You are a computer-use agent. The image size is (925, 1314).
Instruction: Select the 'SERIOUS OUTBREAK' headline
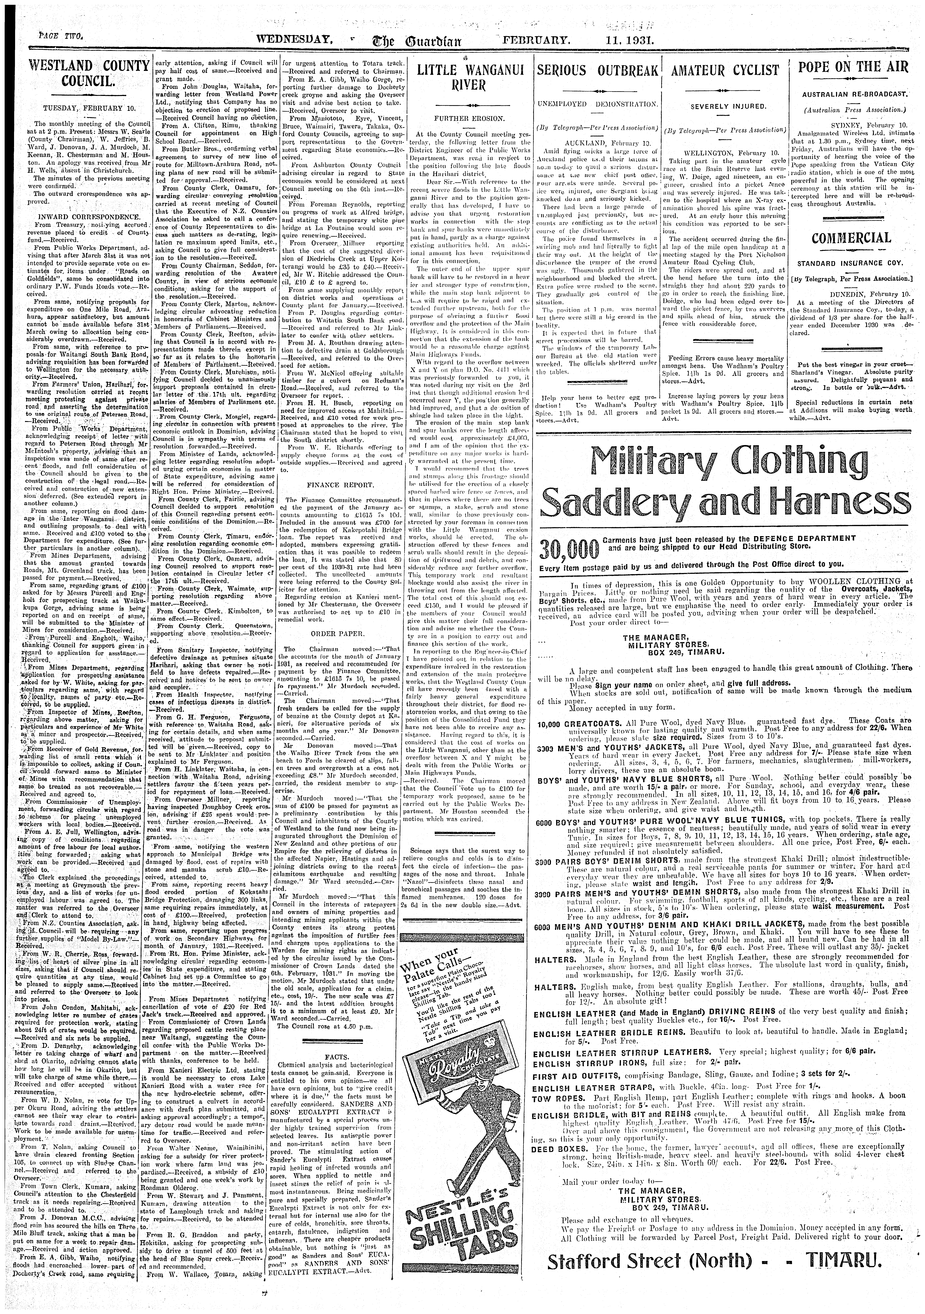pos(598,70)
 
